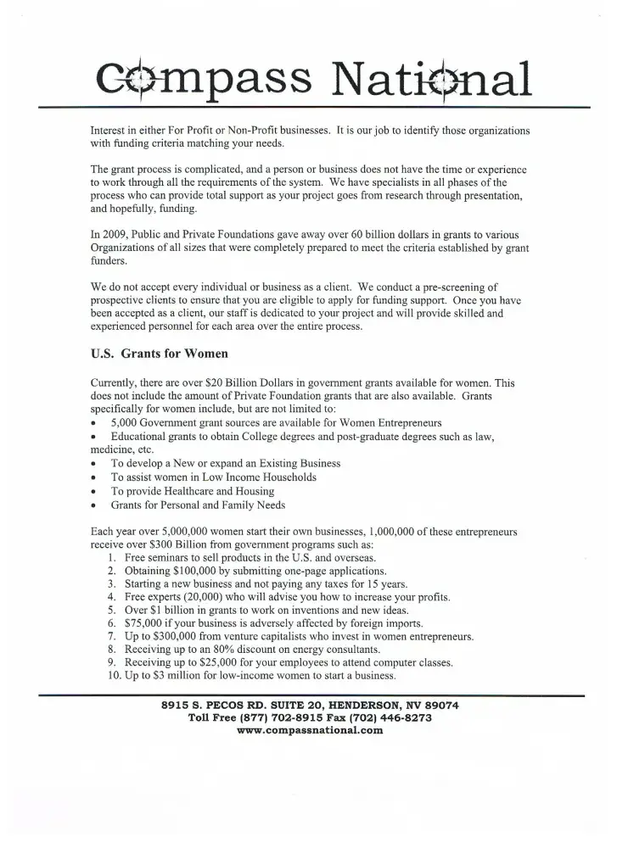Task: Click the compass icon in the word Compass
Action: pos(133,78)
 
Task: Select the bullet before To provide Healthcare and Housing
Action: pos(93,492)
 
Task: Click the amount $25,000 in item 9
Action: pos(213,662)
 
